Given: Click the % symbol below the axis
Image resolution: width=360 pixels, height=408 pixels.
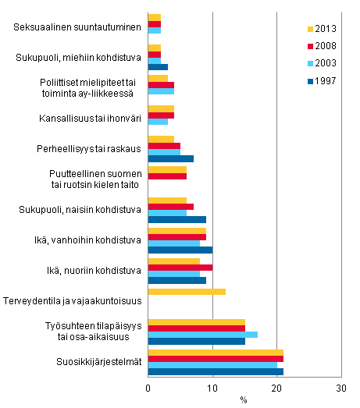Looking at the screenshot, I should (x=244, y=400).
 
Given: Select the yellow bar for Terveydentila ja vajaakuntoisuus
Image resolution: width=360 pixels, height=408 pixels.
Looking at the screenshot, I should (x=187, y=291).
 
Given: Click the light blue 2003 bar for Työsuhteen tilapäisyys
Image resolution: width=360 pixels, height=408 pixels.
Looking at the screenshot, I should (x=202, y=334).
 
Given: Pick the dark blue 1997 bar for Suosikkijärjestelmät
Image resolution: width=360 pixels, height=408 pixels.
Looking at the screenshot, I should (x=216, y=371).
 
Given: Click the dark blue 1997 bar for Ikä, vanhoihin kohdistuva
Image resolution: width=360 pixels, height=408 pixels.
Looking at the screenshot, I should (x=180, y=250).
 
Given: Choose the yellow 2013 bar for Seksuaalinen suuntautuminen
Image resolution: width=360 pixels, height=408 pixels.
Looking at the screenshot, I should (x=155, y=18).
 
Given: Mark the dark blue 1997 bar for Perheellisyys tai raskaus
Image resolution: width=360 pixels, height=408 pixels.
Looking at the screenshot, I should (x=170, y=158).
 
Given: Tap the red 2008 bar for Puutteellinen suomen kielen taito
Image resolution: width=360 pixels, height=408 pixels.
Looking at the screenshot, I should (x=167, y=176).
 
